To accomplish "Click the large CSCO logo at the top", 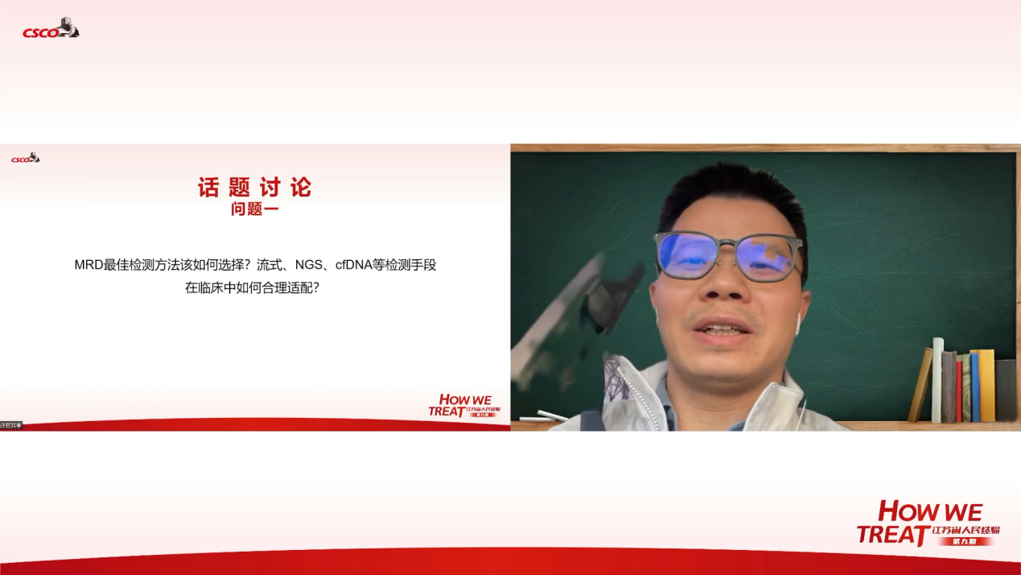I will click(51, 30).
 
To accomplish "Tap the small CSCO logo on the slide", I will click(25, 158).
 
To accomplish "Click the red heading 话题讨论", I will click(254, 188).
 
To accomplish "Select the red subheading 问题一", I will click(254, 211).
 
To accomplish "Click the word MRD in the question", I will click(89, 265).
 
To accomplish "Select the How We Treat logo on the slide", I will click(463, 405).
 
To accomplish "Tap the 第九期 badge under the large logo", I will click(965, 541).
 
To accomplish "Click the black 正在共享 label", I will click(11, 424).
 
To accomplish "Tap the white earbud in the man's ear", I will click(797, 325).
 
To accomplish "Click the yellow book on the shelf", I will click(986, 385).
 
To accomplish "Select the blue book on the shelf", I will click(974, 387).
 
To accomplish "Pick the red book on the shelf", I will click(958, 391).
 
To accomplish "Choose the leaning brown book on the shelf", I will click(920, 386).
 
